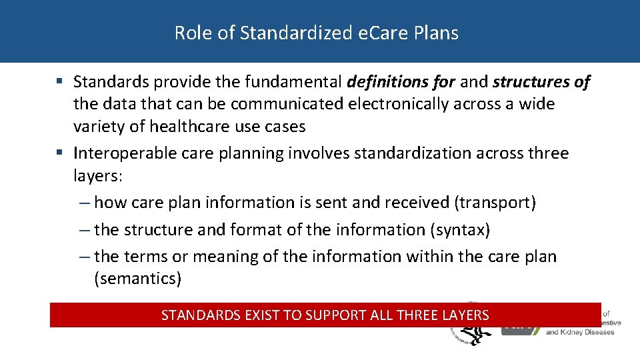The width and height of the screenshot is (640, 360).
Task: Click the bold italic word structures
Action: pos(531,82)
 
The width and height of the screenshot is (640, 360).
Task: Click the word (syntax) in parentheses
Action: pos(461,230)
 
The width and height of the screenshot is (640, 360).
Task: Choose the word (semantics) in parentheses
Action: pos(138,279)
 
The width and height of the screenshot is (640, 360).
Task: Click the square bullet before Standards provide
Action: pos(60,82)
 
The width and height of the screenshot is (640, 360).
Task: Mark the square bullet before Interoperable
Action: pos(60,153)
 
